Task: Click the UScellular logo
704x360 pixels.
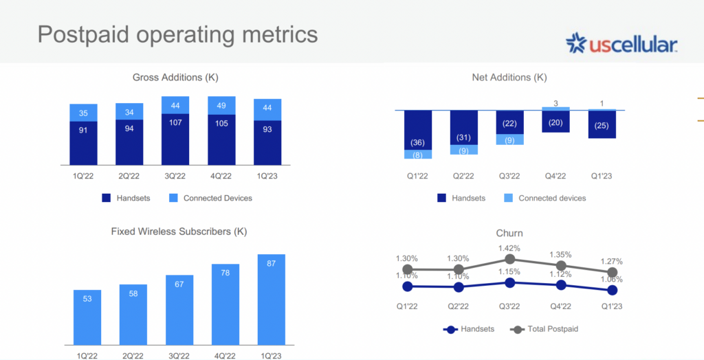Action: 621,45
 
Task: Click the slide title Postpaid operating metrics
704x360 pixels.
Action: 177,34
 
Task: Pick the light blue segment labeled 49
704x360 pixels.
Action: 222,105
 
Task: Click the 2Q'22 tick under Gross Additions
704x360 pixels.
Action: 129,176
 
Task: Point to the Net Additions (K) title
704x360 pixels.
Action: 509,78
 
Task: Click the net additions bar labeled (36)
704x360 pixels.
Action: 417,130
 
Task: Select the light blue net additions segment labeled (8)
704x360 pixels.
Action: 417,155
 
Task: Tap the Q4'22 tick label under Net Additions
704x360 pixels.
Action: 555,177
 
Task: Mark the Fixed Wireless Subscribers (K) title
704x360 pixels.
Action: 179,232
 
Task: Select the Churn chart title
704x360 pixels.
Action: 509,233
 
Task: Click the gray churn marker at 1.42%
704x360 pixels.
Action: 510,259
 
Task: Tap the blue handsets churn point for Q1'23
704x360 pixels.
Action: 613,291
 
